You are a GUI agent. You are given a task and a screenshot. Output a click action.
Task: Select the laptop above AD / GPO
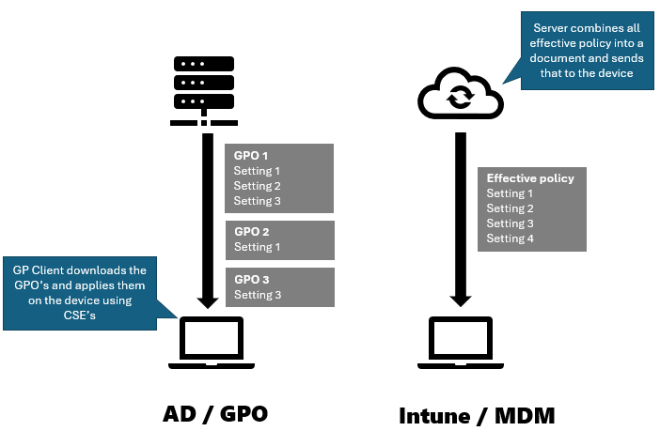212,341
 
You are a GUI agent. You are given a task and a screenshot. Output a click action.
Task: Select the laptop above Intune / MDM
461,341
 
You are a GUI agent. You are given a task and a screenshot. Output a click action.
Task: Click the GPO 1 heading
251,156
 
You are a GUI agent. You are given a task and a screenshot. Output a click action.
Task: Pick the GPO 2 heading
252,232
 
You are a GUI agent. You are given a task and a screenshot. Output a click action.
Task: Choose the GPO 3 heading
252,280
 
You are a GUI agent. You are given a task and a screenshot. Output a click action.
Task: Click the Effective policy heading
530,178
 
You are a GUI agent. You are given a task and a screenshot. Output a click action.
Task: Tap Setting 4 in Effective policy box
510,239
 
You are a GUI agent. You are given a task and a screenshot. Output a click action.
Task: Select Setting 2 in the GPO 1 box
258,186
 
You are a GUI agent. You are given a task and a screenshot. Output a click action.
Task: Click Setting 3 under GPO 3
258,295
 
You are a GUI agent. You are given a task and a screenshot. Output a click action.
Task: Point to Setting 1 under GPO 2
258,247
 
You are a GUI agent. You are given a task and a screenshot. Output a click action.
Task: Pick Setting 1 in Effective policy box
510,193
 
